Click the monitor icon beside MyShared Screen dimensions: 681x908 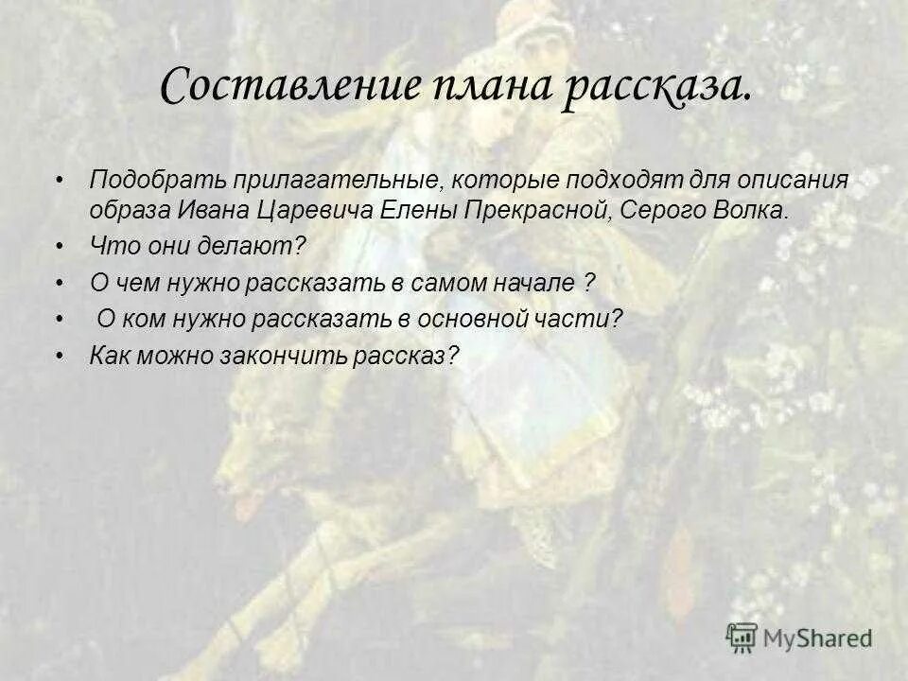pos(742,637)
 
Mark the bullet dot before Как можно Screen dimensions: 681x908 pos(60,356)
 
